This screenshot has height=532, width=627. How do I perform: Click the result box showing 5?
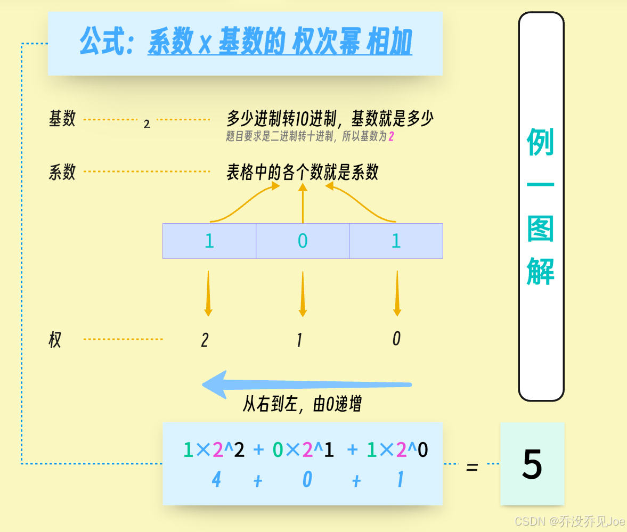click(532, 464)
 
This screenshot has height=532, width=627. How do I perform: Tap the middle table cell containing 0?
click(303, 241)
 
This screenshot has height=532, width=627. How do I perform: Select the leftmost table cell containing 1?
click(209, 241)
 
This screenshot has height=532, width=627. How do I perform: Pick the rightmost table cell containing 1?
click(396, 241)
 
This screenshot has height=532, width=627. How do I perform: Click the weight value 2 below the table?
click(205, 340)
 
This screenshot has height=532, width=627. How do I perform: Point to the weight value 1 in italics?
click(299, 340)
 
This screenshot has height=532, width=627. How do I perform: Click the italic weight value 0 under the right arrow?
click(396, 339)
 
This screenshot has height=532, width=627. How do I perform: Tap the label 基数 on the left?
click(62, 119)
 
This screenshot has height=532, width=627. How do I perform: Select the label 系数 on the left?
click(62, 172)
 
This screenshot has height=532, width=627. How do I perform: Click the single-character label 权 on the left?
click(55, 340)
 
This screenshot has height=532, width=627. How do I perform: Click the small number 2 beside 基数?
click(147, 125)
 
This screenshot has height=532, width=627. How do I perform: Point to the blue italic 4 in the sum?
click(216, 480)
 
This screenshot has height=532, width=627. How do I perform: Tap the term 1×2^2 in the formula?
click(214, 451)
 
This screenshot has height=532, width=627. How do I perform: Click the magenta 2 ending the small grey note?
click(391, 137)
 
